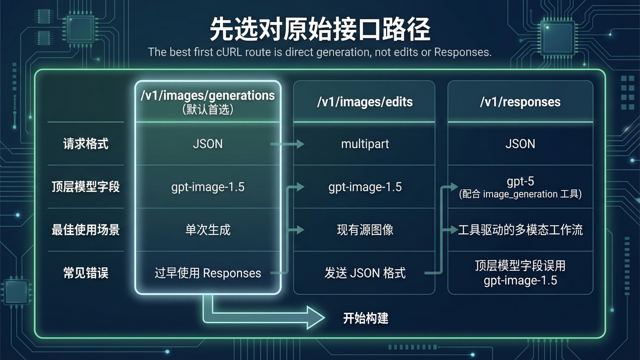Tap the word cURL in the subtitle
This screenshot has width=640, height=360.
point(229,52)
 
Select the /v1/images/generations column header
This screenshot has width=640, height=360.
point(207,95)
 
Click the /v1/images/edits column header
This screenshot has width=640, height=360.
point(365,102)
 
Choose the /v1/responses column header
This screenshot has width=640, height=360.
point(520,102)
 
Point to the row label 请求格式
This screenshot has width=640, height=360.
point(86,144)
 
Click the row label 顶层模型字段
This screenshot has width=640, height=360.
point(86,187)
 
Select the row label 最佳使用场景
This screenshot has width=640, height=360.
point(86,230)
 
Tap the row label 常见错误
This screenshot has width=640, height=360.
point(86,273)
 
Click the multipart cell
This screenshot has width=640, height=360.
point(365,144)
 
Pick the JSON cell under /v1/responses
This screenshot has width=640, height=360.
point(520,144)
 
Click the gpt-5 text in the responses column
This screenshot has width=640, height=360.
point(520,181)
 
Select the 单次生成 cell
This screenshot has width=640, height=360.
point(208,230)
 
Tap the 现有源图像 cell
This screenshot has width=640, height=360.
point(365,230)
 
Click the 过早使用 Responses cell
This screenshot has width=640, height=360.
point(208,273)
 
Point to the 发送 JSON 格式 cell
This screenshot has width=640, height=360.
point(365,273)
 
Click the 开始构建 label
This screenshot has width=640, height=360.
point(365,318)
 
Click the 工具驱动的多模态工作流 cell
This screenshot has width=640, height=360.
point(520,230)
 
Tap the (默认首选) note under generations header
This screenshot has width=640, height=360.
point(207,109)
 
